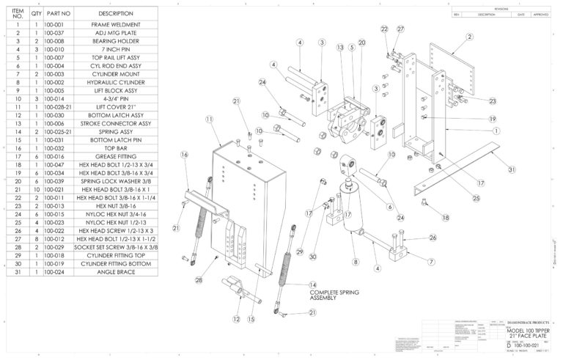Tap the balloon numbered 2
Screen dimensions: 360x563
(468, 36)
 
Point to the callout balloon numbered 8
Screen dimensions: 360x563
(356, 260)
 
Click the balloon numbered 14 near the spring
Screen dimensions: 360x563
(313, 284)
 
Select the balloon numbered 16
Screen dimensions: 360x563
(185, 155)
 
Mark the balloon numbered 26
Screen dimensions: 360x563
(433, 237)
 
